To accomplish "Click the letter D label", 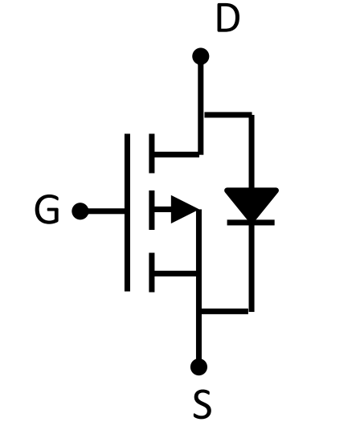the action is (x=228, y=18).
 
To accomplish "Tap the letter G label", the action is (x=47, y=209).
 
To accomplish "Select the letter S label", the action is (x=202, y=403).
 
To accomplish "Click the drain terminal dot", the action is (x=201, y=56).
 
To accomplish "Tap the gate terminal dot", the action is (x=80, y=211).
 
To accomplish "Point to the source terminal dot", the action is (x=198, y=367).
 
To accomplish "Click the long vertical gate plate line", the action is (x=127, y=212).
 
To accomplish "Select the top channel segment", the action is (x=152, y=154).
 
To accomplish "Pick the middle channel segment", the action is (x=152, y=210).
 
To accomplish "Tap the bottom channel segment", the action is (x=152, y=272).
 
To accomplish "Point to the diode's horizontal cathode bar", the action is (x=251, y=223).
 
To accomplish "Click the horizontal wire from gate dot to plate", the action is (x=107, y=211).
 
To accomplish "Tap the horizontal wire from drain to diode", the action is (x=228, y=115).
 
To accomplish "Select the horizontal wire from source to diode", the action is (x=224, y=311).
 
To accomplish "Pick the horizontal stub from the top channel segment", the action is (x=177, y=154).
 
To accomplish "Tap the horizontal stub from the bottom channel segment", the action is (x=175, y=273).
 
